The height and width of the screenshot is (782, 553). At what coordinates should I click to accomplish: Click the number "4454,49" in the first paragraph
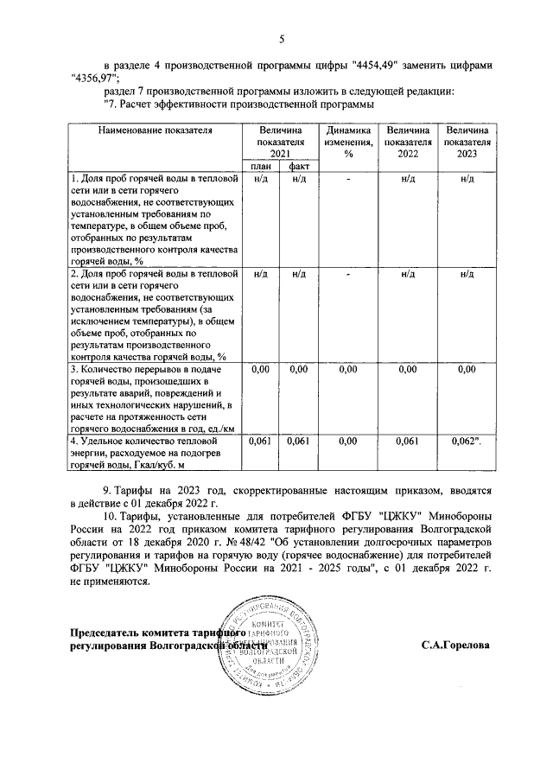point(378,65)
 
